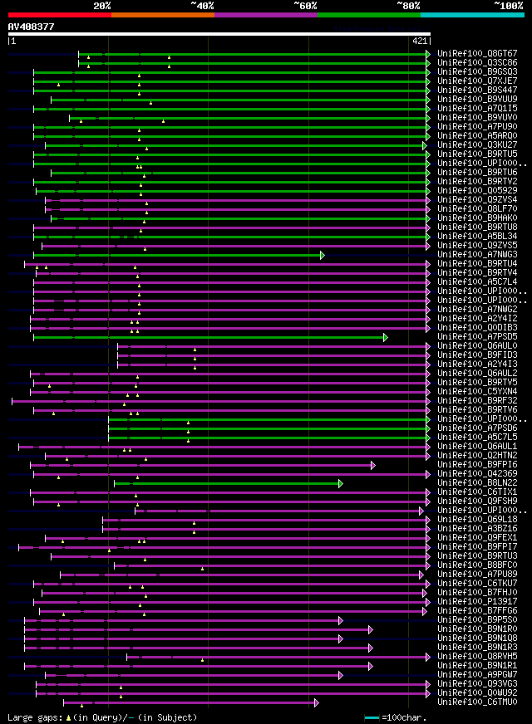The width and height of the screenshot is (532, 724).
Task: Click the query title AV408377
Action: [31, 27]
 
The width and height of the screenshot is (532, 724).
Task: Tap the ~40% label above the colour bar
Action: [202, 5]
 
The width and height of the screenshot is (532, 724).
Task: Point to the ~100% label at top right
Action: [508, 5]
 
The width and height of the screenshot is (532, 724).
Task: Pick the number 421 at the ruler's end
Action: [420, 41]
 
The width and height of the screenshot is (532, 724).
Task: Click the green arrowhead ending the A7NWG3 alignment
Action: [323, 255]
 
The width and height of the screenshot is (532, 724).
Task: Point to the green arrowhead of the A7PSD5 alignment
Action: [386, 337]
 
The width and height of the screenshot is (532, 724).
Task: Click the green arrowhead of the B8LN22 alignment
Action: [341, 483]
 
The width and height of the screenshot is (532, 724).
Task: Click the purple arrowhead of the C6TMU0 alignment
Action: [316, 702]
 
